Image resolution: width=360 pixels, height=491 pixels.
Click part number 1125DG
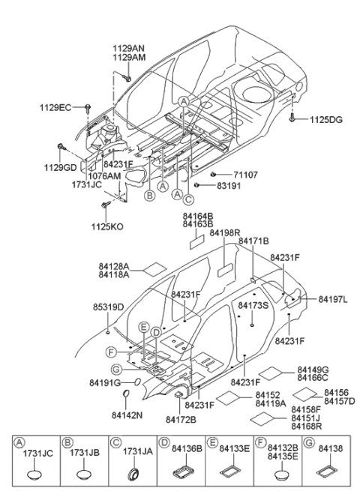click(325, 119)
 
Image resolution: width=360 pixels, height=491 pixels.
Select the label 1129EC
click(56, 108)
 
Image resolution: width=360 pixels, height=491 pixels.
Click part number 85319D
click(109, 307)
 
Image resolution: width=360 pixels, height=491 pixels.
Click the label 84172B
click(180, 419)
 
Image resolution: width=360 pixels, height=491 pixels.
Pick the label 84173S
click(253, 306)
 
